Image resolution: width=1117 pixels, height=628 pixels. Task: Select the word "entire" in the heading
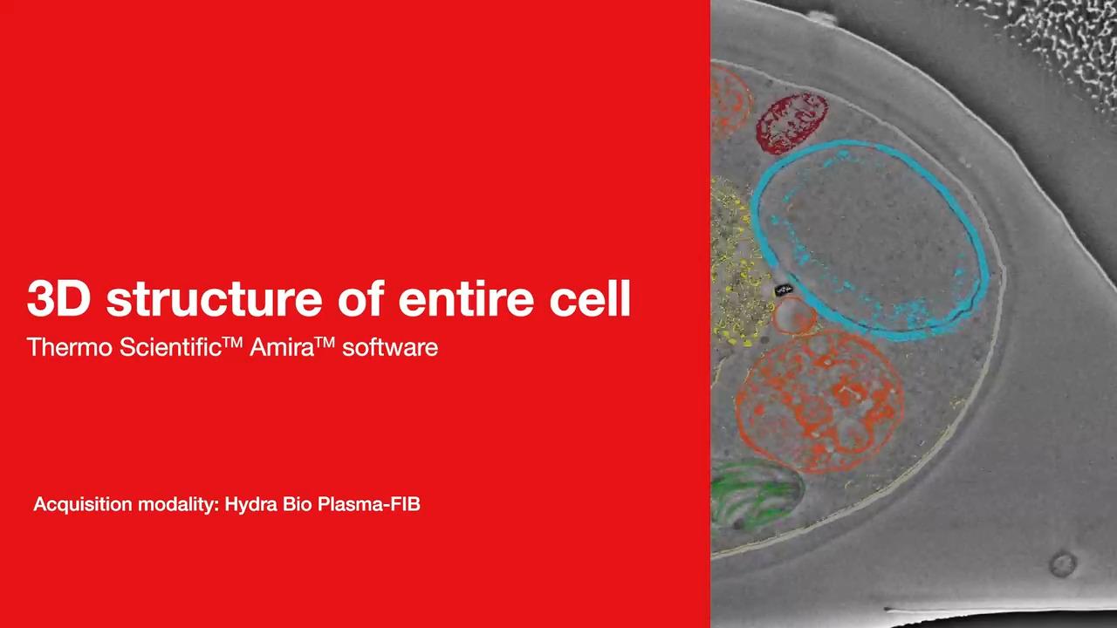coord(466,298)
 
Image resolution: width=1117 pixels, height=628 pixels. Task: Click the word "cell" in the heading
coord(590,298)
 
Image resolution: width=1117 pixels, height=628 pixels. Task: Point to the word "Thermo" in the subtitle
coord(70,347)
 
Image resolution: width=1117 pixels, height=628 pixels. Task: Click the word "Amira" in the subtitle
coord(282,347)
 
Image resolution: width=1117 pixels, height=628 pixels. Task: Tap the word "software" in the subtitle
coord(390,347)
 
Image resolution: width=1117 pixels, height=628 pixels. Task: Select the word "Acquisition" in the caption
coord(82,504)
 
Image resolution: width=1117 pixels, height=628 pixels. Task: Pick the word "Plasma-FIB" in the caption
coord(368,504)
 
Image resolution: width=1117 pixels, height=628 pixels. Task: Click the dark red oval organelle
coord(791,122)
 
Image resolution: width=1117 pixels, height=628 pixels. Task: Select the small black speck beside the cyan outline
coord(783,290)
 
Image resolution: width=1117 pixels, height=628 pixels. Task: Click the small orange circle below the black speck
coord(794,316)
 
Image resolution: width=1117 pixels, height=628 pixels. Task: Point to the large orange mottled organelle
coord(819,401)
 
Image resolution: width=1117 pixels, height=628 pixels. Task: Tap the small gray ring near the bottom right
coord(1063,564)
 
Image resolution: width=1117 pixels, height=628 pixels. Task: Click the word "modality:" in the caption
coord(179,504)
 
